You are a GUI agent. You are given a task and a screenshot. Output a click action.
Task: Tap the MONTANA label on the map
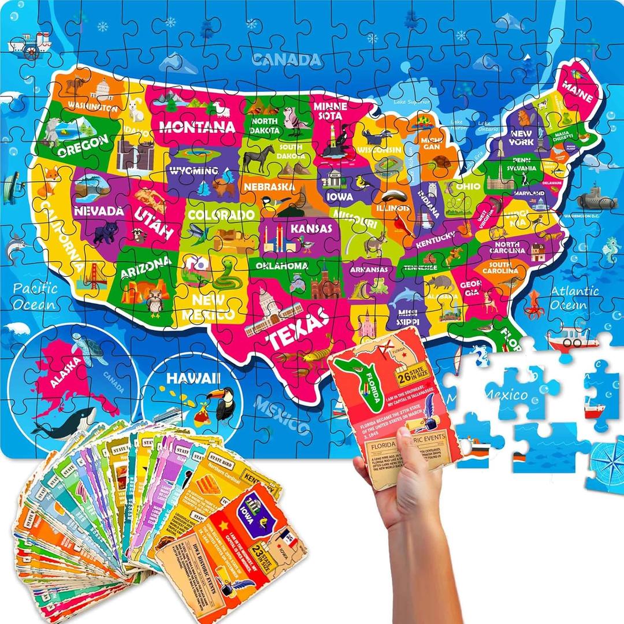189,127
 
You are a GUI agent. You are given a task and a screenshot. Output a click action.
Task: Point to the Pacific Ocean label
36,296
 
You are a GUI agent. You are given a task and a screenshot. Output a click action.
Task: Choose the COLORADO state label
221,215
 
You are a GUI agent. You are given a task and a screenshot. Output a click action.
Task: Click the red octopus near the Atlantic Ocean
534,304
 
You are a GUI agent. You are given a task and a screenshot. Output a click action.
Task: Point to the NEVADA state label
99,211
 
